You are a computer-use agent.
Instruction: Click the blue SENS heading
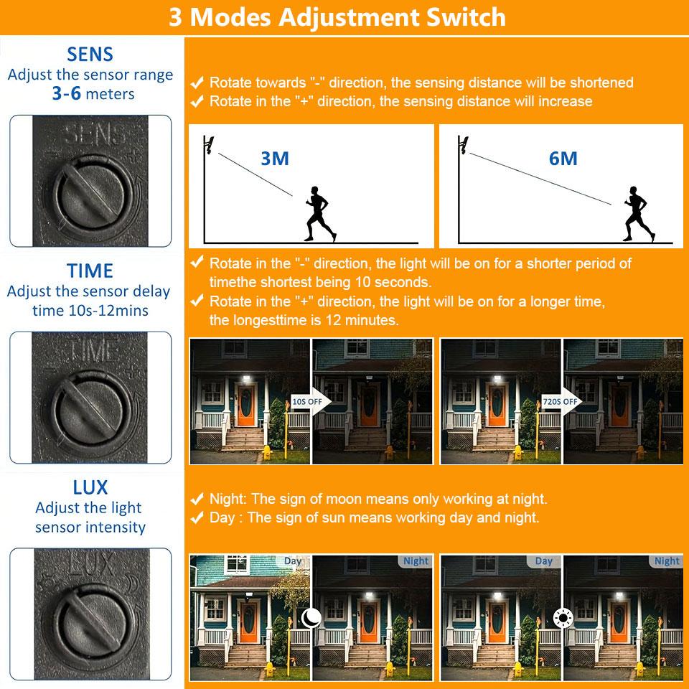tap(90, 55)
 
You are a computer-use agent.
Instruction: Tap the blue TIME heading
tap(90, 271)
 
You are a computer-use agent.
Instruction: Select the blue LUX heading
tap(90, 487)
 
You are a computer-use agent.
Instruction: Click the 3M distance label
tap(275, 159)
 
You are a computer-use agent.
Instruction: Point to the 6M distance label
tap(563, 159)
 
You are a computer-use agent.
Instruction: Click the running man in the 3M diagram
tap(320, 214)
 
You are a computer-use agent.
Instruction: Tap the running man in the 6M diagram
tap(639, 214)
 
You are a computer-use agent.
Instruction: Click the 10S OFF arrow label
tap(308, 402)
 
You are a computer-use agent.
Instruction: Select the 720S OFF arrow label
tap(561, 402)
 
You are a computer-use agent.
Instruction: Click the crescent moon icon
tap(311, 618)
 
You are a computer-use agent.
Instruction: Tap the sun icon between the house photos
tap(563, 618)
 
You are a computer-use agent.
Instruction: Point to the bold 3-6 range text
tap(66, 93)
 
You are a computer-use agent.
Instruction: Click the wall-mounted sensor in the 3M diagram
tap(208, 145)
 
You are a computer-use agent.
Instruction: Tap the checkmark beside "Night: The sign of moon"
tap(197, 499)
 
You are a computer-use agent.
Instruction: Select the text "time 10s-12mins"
tap(90, 311)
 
